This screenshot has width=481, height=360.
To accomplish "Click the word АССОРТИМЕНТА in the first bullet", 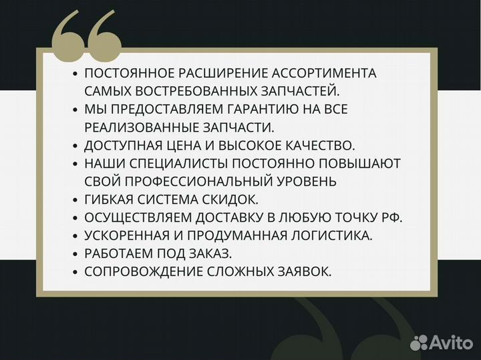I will [x=323, y=73].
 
